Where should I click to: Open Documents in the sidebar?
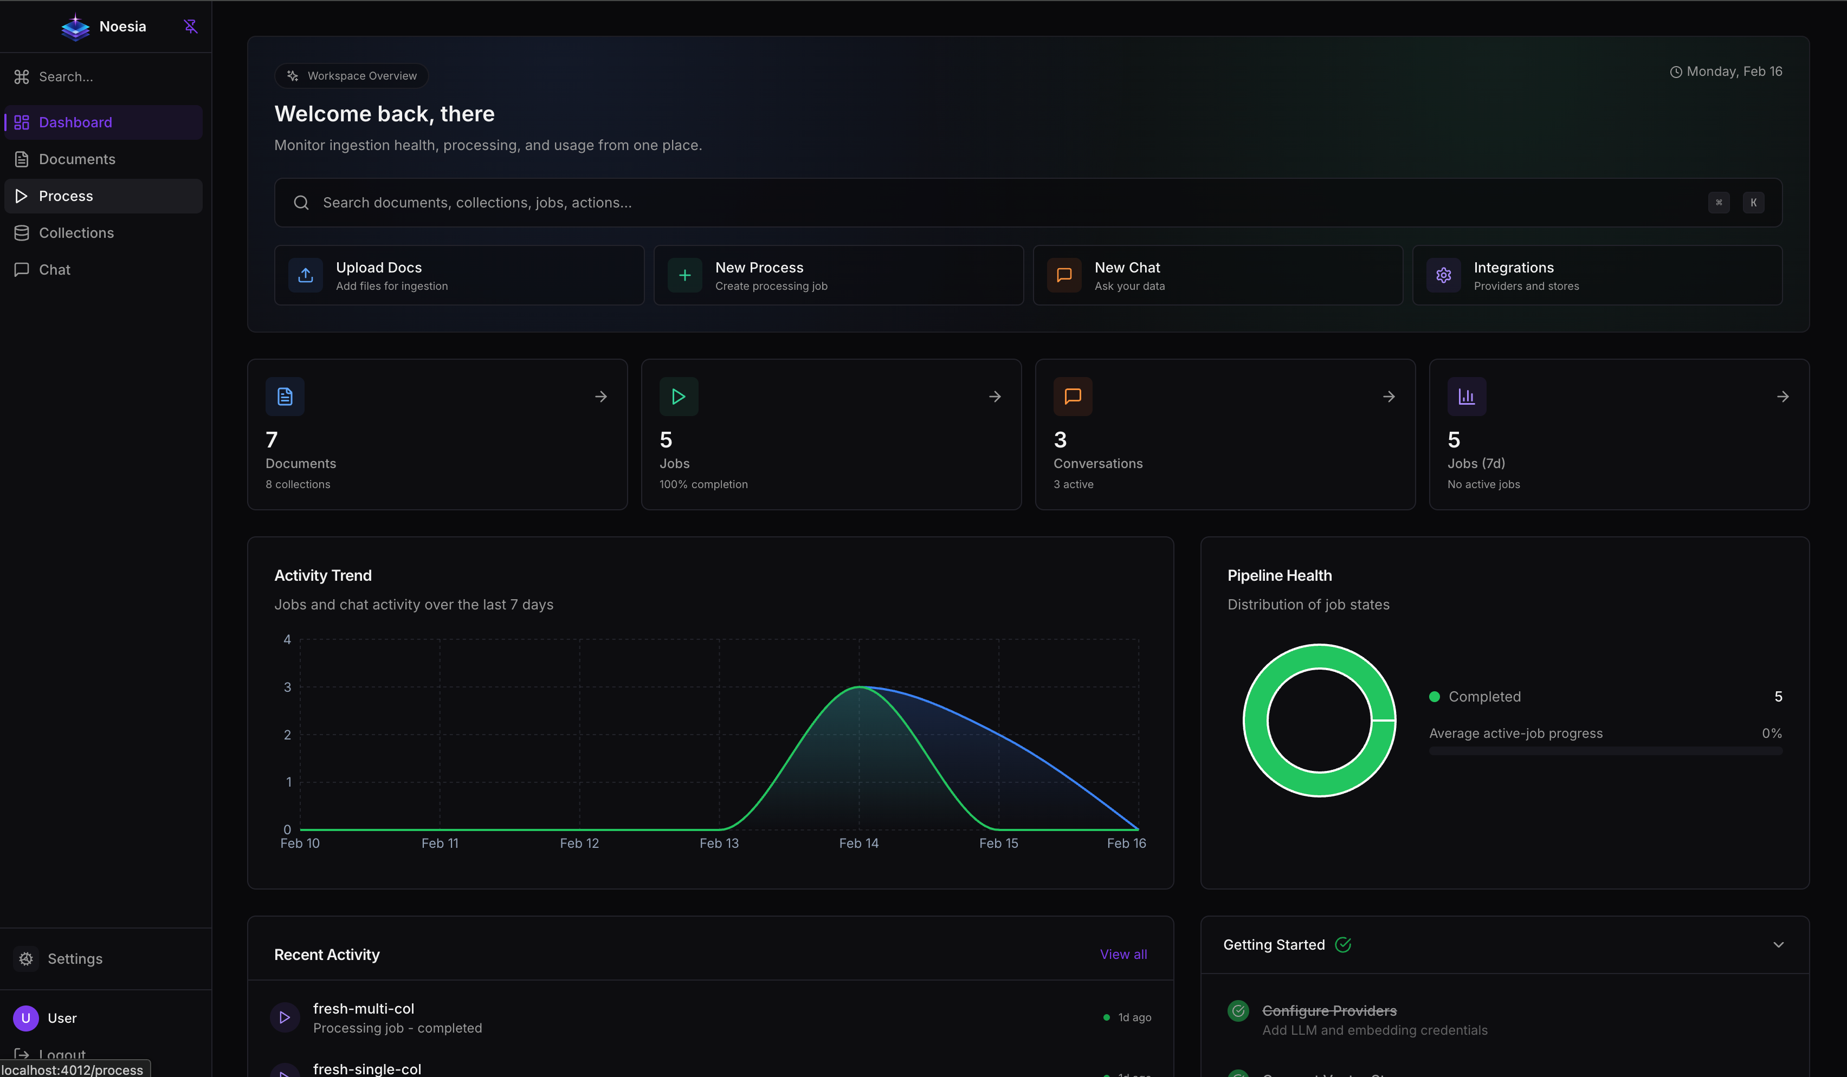click(76, 159)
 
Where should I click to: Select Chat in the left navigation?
click(54, 270)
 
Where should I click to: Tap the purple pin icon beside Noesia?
click(191, 27)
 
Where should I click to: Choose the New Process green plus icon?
click(684, 275)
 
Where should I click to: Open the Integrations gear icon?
click(1443, 275)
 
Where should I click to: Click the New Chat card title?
click(1127, 268)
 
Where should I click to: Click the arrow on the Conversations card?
click(1388, 397)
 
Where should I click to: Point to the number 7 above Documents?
click(272, 439)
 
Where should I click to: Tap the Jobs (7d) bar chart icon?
click(1466, 397)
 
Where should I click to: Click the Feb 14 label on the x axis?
click(858, 844)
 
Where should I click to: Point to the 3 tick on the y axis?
click(287, 687)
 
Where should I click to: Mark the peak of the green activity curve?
click(859, 687)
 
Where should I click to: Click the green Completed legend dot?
click(1435, 697)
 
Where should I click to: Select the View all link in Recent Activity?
click(1123, 954)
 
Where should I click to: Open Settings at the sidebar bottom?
click(74, 958)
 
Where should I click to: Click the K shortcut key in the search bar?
click(1753, 203)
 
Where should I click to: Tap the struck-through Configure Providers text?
click(1329, 1010)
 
